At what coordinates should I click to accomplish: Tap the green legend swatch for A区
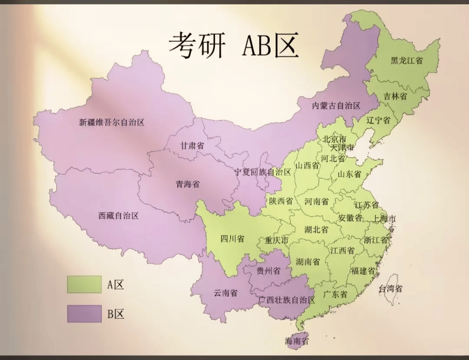84,284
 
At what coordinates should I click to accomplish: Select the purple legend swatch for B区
84,314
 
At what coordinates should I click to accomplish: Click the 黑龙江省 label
407,60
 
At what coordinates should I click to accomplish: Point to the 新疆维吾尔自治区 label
112,123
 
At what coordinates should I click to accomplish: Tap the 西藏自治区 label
119,216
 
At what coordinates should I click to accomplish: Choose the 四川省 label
232,239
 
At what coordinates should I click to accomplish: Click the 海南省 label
297,340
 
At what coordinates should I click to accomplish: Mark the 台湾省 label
390,289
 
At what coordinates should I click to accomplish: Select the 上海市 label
384,219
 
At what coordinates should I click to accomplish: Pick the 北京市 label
334,139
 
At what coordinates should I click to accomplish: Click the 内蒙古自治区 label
336,105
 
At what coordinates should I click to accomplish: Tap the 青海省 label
187,184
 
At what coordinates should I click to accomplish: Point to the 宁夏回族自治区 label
263,172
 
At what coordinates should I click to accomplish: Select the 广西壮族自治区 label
287,300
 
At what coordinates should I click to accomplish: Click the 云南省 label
225,293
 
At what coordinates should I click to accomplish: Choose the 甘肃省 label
192,146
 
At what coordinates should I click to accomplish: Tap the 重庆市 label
277,241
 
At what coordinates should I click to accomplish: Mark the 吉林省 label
395,96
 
